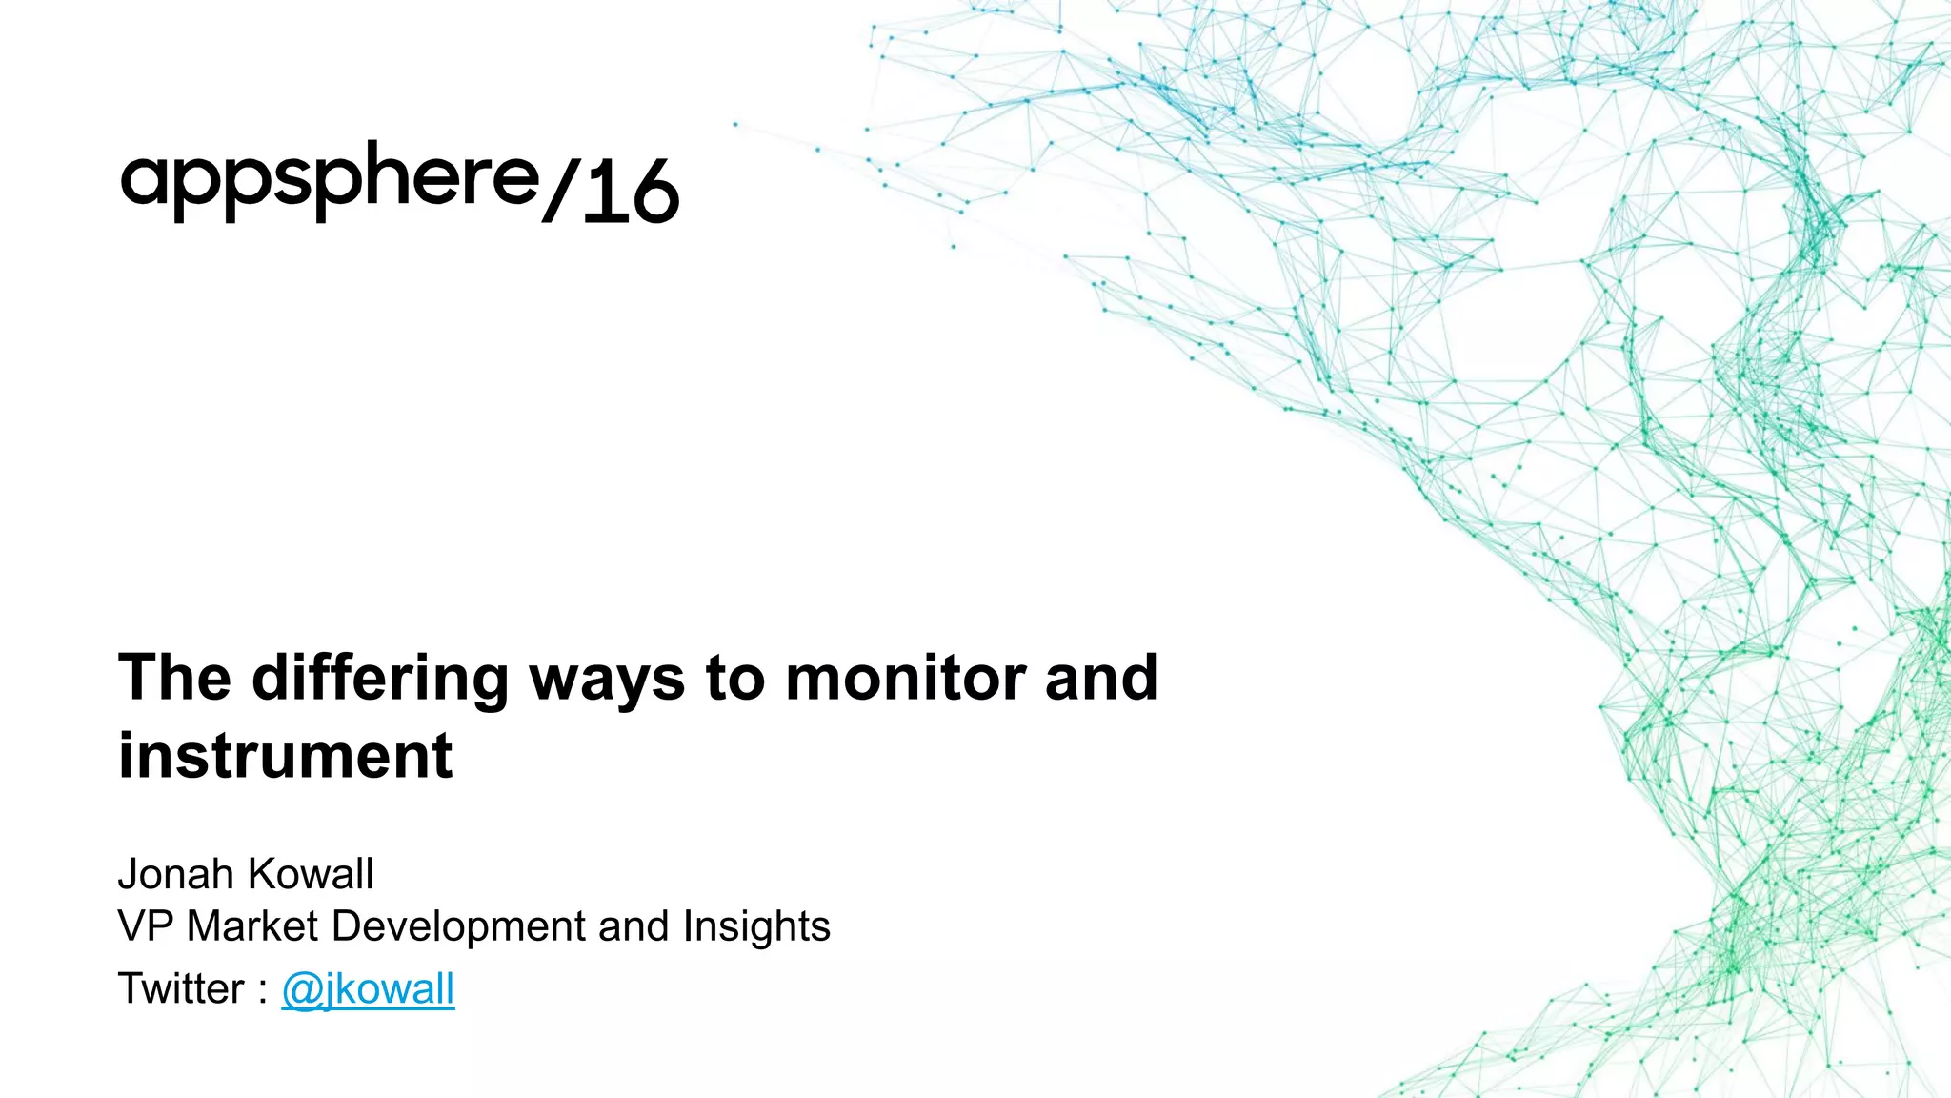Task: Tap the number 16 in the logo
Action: coord(630,192)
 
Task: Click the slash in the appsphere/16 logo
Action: coord(560,192)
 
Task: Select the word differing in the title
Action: coord(380,680)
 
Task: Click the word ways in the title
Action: coord(607,680)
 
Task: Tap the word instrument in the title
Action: coord(285,756)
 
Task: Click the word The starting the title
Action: coord(174,678)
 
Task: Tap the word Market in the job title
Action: coord(251,926)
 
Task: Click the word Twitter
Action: coord(181,988)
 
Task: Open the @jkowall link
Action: coord(368,989)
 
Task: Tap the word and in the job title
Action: coord(634,926)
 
